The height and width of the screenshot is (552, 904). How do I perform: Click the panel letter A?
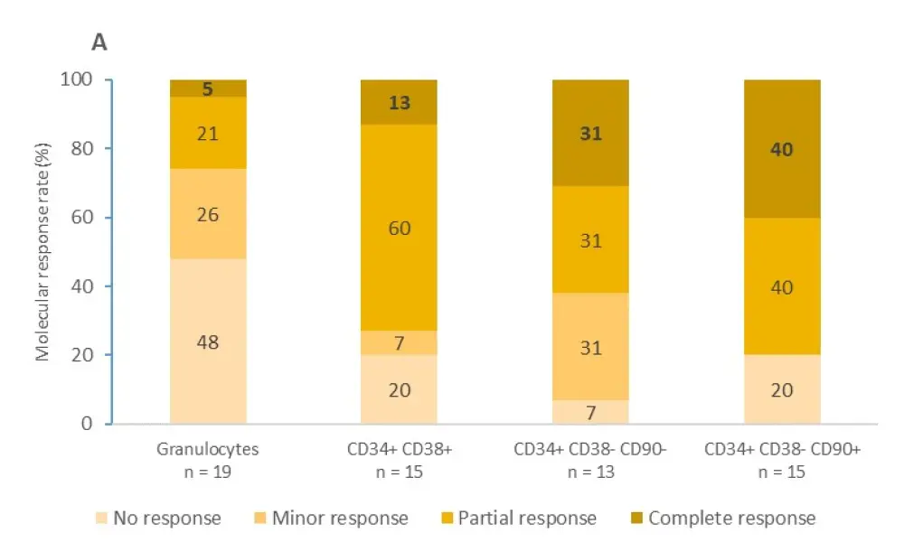tap(99, 42)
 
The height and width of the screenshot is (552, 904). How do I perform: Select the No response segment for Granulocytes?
tap(208, 341)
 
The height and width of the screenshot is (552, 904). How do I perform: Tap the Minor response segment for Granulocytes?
tap(208, 215)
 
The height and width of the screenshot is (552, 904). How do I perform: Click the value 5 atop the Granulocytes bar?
tap(208, 88)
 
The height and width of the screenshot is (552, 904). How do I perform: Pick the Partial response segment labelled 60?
tap(399, 228)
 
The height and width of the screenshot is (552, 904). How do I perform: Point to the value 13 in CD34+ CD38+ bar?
tap(399, 102)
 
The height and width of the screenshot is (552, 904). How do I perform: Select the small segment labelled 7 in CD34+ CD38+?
tap(399, 343)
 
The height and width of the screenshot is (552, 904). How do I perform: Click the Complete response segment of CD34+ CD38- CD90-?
tap(590, 133)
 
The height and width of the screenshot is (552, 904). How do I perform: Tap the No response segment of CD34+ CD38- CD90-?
tap(590, 412)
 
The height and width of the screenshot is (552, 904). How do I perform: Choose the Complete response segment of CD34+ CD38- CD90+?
tap(782, 148)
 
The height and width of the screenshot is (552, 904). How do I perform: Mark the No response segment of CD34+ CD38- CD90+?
tap(782, 389)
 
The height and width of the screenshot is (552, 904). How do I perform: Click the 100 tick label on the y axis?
tap(79, 80)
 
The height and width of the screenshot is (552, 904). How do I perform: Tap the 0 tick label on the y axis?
tap(87, 424)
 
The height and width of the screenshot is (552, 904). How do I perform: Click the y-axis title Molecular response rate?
tap(42, 252)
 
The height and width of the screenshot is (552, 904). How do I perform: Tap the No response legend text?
tap(168, 519)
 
